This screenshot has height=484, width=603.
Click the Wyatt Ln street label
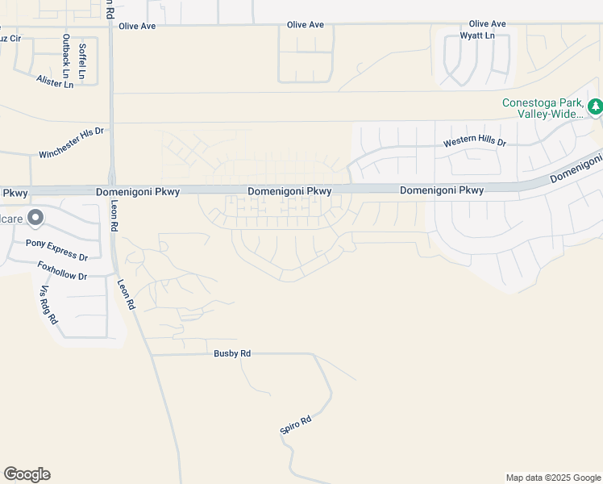(x=477, y=36)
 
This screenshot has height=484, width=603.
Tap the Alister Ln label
(x=55, y=81)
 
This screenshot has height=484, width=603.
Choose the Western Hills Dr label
(x=475, y=143)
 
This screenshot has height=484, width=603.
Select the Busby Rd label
(x=232, y=353)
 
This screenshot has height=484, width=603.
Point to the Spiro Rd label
(x=295, y=426)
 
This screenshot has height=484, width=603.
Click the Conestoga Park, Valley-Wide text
(x=542, y=108)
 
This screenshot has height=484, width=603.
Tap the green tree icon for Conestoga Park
(x=595, y=106)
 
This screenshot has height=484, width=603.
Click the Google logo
(x=27, y=474)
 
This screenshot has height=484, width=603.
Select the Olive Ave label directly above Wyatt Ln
(x=487, y=24)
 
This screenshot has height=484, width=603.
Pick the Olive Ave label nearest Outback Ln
(x=137, y=26)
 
